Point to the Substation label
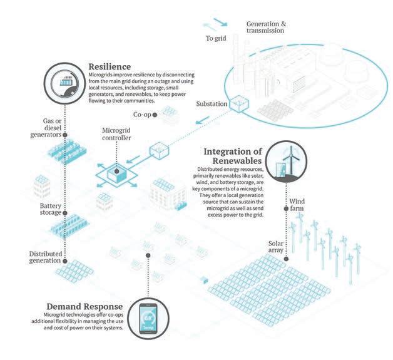point(212,103)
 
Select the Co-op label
point(143,115)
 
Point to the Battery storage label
point(41,209)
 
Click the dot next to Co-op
point(162,115)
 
